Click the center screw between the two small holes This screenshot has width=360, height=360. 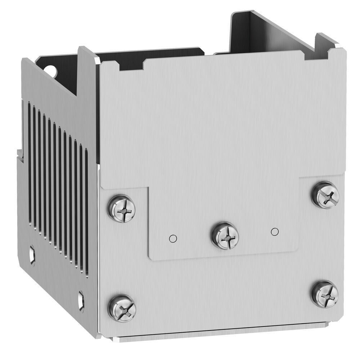(225, 236)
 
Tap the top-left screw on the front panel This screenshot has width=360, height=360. (122, 209)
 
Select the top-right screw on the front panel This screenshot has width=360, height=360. (325, 195)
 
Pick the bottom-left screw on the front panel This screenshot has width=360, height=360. (122, 309)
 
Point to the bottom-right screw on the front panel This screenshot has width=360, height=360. (325, 294)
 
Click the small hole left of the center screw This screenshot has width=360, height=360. (173, 238)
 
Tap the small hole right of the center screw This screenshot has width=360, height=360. (275, 231)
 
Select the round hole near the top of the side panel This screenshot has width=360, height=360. (52, 71)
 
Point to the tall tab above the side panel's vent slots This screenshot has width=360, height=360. (87, 72)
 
